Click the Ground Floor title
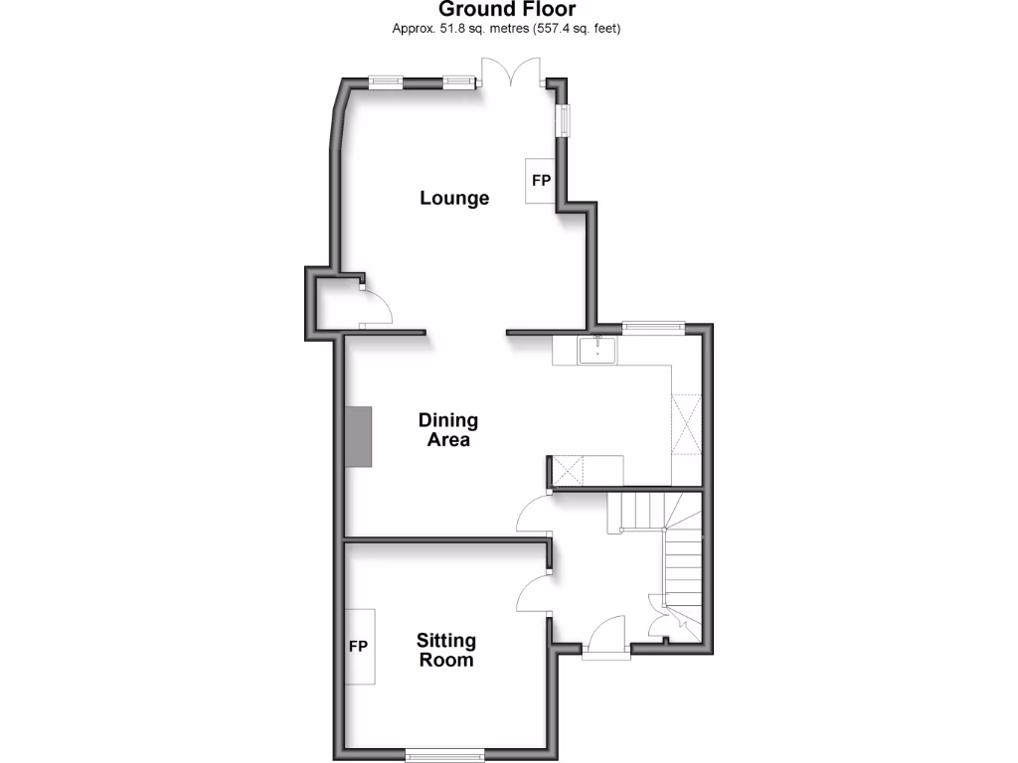(507, 10)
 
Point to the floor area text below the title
(507, 28)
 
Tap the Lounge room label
(454, 198)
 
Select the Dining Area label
(447, 430)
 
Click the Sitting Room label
(445, 650)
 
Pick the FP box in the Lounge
(541, 181)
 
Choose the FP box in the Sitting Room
(359, 646)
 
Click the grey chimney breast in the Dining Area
(359, 436)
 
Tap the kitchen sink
(597, 350)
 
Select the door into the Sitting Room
(533, 593)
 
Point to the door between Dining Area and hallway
(534, 514)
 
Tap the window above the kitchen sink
(653, 325)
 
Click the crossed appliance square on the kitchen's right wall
(687, 424)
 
